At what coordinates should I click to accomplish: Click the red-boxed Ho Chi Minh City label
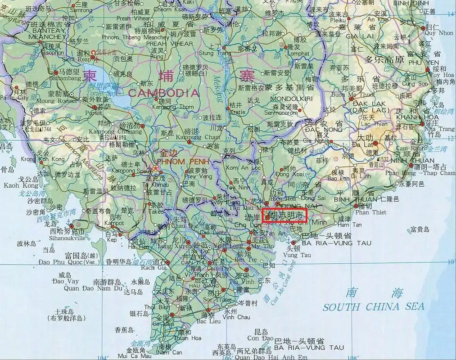(284, 216)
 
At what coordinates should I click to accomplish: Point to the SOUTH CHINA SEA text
(373, 307)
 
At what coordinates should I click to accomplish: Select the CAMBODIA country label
(163, 93)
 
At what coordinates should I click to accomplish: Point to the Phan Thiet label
(365, 212)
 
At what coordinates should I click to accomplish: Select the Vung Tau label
(298, 255)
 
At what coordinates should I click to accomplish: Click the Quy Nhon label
(439, 33)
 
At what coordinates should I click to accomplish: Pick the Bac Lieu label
(208, 321)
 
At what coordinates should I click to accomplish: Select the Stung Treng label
(212, 53)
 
